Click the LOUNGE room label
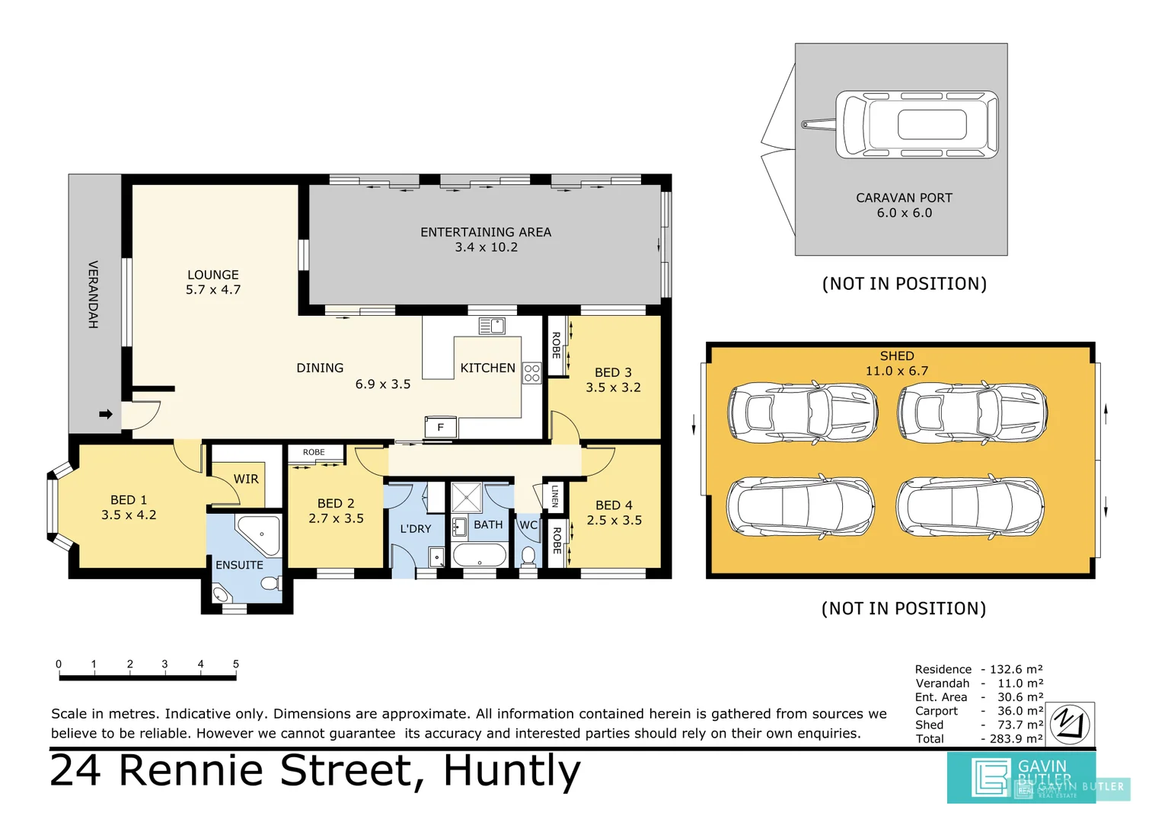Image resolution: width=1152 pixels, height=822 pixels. pyautogui.click(x=213, y=275)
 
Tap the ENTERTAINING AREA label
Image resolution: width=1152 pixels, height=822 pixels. pyautogui.click(x=485, y=232)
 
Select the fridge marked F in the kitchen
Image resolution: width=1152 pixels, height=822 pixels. pyautogui.click(x=440, y=427)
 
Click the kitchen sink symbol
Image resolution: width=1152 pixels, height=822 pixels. pyautogui.click(x=492, y=326)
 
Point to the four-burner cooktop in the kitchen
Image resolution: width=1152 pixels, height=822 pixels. pyautogui.click(x=531, y=373)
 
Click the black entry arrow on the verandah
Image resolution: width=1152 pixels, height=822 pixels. pyautogui.click(x=106, y=414)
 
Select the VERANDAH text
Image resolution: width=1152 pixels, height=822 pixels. pyautogui.click(x=93, y=295)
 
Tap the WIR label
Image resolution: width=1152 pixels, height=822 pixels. pyautogui.click(x=245, y=479)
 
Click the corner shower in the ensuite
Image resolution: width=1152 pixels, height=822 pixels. pyautogui.click(x=257, y=533)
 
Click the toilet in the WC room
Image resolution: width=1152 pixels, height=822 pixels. pyautogui.click(x=528, y=555)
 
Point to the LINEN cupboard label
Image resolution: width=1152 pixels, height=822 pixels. pyautogui.click(x=555, y=495)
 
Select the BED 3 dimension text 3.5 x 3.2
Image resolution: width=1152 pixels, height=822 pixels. pyautogui.click(x=613, y=387)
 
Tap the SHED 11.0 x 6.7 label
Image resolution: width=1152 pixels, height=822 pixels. pyautogui.click(x=896, y=363)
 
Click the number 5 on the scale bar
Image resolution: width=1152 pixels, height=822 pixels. pyautogui.click(x=236, y=664)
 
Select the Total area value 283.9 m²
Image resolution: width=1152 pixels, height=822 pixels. pyautogui.click(x=1016, y=738)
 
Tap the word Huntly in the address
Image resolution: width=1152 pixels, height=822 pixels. pyautogui.click(x=512, y=770)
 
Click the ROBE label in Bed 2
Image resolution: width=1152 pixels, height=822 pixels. pyautogui.click(x=314, y=452)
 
